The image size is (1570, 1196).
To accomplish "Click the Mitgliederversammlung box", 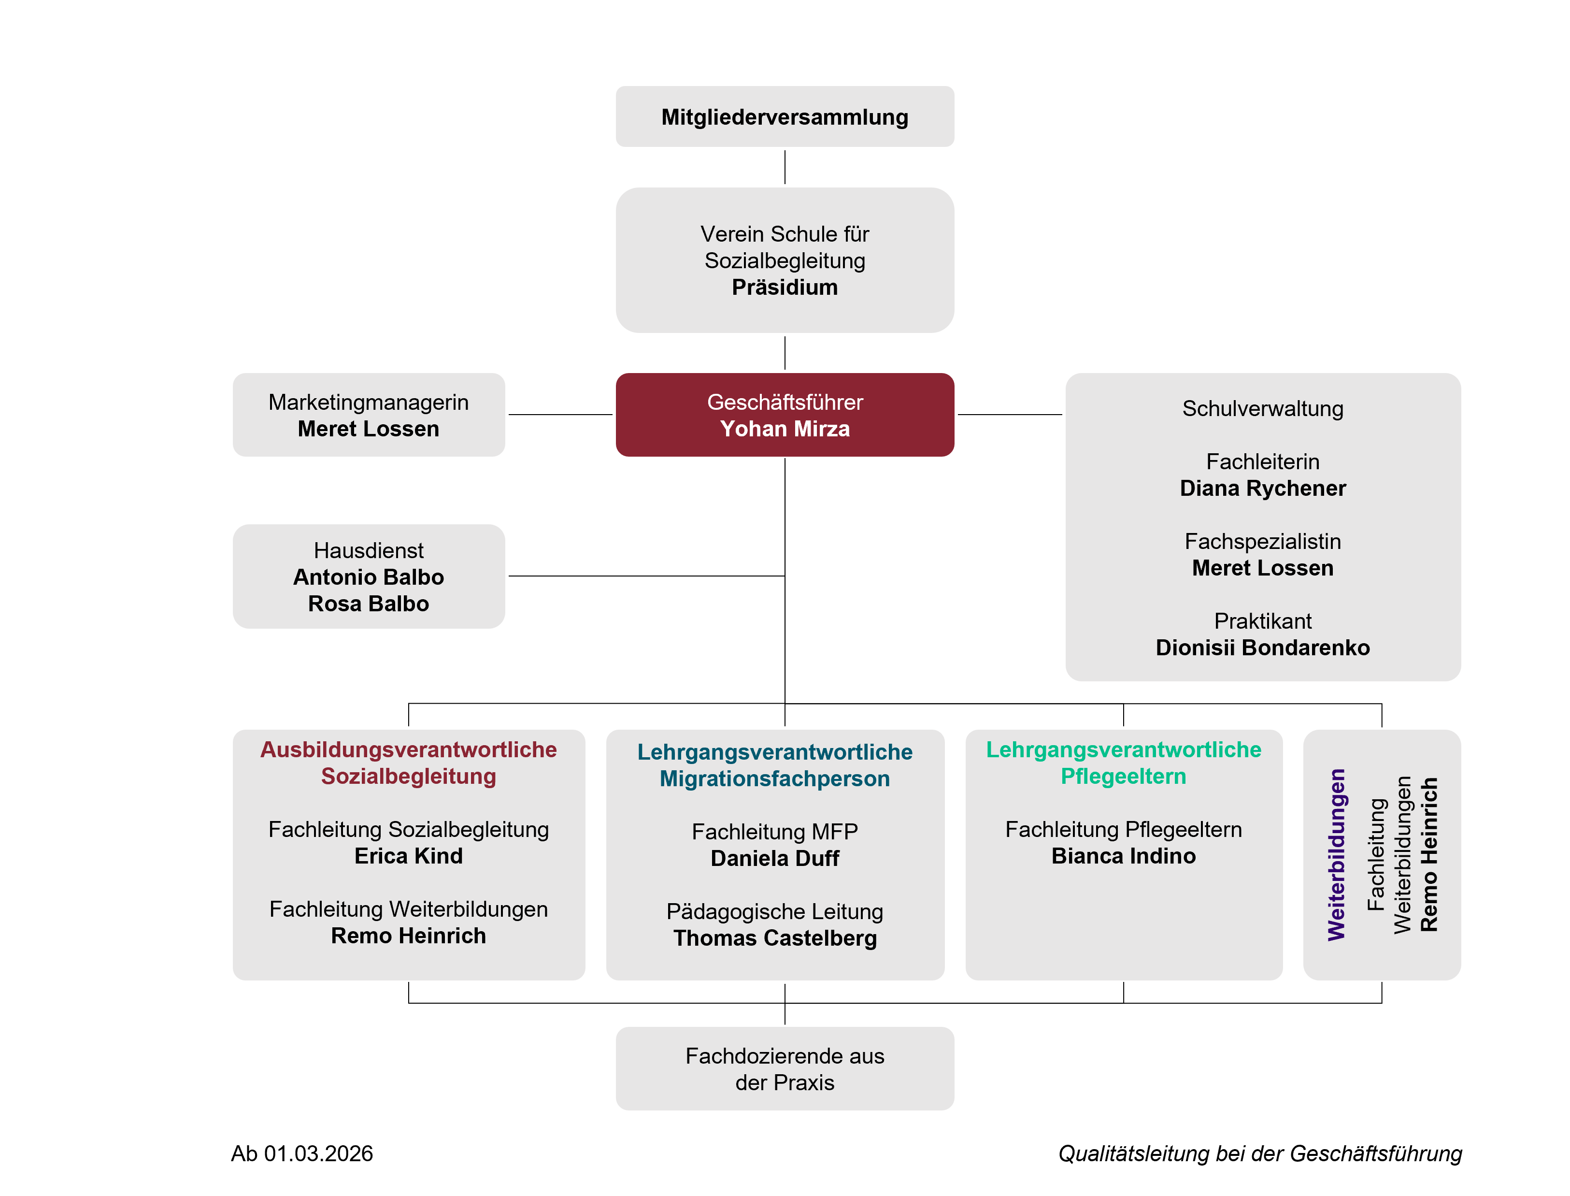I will coord(785,117).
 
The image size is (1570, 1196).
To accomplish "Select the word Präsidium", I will coord(785,287).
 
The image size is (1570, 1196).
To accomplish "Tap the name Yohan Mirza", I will coord(785,429).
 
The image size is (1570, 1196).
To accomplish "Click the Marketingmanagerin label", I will coord(368,402).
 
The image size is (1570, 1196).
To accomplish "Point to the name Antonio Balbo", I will coord(368,576).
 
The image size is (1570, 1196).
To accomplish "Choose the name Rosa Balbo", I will coord(368,604).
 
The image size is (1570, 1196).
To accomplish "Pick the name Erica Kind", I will coord(409,856).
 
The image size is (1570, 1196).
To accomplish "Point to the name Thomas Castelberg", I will coord(774,938).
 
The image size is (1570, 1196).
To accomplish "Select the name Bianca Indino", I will coord(1123,856).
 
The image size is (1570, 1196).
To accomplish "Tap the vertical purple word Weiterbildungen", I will coord(1337,854).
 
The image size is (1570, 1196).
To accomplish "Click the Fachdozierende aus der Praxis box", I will coord(785,1068).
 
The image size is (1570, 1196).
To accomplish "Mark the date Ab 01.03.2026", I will coord(302,1153).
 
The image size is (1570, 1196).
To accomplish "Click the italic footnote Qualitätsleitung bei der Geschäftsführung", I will coord(1260,1153).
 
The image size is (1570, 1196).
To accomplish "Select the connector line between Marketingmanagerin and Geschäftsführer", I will coord(560,414).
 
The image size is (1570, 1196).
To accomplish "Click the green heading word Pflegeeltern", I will coord(1123,776).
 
